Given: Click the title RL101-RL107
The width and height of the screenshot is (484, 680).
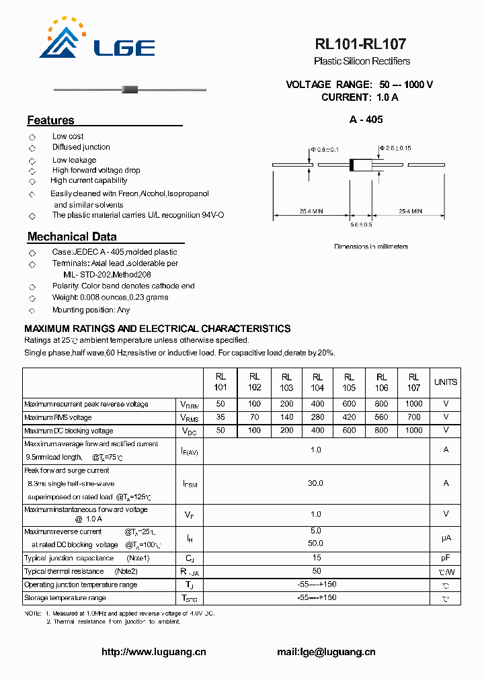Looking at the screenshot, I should click(360, 44).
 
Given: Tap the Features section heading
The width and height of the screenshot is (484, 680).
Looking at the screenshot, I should click(50, 120).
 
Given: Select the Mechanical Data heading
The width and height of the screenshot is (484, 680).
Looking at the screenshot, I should click(72, 237).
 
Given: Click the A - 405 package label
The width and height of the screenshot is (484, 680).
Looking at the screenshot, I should click(366, 120).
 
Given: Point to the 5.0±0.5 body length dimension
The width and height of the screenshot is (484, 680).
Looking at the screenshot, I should click(361, 224).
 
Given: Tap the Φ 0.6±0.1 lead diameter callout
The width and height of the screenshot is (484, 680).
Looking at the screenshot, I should click(324, 148).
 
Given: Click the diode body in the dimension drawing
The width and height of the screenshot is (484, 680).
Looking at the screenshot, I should click(362, 165).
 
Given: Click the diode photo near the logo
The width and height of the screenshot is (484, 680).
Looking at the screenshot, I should click(128, 89).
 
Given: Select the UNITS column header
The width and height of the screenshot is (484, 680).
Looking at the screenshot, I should click(445, 382).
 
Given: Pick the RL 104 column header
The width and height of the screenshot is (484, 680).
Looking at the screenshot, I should click(317, 382).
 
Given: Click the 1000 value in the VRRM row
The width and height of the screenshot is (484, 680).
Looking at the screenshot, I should click(413, 404).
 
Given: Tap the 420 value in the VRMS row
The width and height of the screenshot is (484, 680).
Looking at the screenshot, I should click(349, 417).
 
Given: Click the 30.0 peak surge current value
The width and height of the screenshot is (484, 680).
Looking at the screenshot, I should click(315, 483).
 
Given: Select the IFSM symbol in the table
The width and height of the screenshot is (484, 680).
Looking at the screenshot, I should click(190, 483).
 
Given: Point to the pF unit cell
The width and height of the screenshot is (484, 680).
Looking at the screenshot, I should click(445, 558).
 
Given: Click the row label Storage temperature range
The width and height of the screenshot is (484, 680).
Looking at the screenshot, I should click(65, 597).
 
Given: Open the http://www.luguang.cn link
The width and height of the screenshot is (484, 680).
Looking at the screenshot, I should click(153, 652).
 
